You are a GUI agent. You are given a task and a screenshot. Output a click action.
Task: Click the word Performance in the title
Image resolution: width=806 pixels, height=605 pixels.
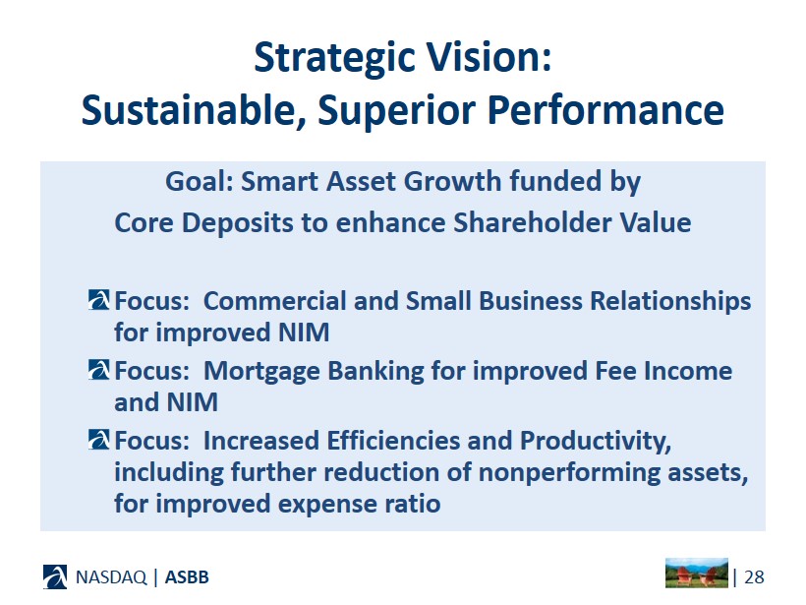point(605,110)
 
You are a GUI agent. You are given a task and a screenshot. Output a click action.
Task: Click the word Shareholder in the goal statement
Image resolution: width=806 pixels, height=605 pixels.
point(532,222)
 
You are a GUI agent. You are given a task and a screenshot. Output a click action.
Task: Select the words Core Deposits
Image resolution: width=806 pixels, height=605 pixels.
point(204,223)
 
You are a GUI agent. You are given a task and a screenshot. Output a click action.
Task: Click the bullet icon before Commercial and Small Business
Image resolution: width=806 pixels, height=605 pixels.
point(98,300)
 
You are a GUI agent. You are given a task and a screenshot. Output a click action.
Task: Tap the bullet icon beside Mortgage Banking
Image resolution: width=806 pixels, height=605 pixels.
point(98,369)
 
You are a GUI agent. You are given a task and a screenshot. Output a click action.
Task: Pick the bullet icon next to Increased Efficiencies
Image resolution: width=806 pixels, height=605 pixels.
point(98,440)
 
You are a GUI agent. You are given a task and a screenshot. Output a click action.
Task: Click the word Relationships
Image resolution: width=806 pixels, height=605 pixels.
point(670,301)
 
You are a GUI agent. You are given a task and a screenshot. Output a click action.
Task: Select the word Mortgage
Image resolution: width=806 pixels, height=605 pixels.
point(262,372)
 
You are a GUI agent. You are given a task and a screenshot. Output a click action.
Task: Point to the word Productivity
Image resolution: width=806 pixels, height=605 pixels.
point(596,442)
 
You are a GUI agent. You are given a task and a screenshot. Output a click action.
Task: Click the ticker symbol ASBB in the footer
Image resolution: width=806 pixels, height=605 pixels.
point(187,577)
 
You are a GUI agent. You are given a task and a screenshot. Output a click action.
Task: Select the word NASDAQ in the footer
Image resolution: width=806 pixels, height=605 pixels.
point(111,577)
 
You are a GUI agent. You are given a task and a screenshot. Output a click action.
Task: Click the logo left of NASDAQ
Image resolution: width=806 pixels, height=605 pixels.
point(55,576)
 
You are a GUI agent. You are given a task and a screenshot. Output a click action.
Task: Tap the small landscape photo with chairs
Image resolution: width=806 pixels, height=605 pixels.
point(697,573)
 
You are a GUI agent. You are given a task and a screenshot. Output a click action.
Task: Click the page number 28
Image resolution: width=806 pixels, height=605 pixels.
point(754,577)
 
